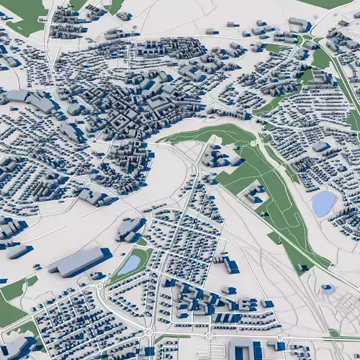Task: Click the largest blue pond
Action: click(x=323, y=204)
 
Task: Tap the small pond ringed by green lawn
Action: click(x=130, y=264)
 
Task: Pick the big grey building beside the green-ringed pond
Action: click(x=130, y=229)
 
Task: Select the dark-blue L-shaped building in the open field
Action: click(x=230, y=265)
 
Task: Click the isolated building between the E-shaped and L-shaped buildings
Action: click(x=229, y=291)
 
